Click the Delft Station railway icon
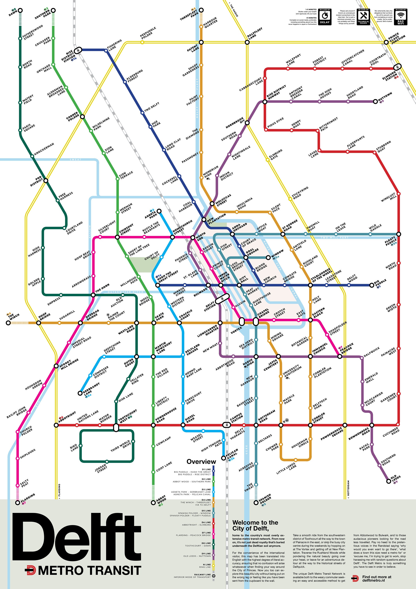(222, 299)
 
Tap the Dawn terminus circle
(20, 11)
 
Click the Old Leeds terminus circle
(389, 481)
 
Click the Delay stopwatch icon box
(325, 17)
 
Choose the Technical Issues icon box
(363, 17)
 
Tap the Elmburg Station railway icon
(397, 67)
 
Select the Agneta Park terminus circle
(159, 211)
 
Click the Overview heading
(201, 462)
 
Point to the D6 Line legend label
(206, 522)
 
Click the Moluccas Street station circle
(212, 204)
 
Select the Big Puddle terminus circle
(372, 285)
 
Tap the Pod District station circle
(46, 181)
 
